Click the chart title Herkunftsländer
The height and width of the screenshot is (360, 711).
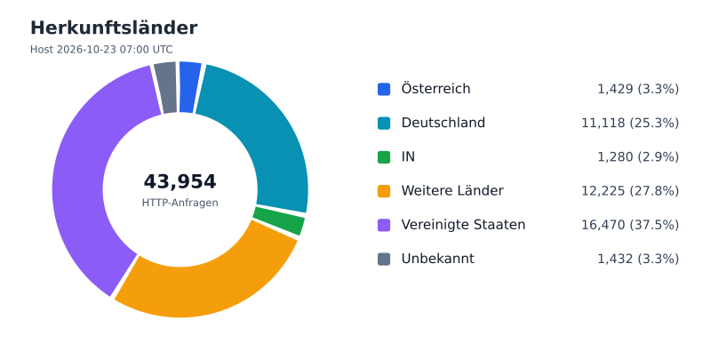(114, 28)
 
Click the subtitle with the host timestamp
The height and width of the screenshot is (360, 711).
(101, 50)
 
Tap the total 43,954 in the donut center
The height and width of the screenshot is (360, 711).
(180, 181)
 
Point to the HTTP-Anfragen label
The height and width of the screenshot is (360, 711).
(180, 203)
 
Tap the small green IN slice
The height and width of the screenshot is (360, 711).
(279, 220)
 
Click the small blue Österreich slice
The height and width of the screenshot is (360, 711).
(189, 87)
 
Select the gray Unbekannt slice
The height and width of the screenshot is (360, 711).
(166, 87)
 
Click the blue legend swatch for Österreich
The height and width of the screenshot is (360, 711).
(384, 89)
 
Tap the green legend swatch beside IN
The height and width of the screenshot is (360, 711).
(384, 156)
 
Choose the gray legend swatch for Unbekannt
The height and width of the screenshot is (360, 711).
(384, 259)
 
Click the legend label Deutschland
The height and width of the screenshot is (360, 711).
(443, 123)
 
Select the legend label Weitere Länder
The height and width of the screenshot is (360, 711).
(452, 191)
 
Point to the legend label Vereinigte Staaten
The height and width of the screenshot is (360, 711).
(463, 225)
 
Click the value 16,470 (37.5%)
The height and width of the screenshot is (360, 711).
(630, 225)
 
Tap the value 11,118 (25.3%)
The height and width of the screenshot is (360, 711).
(630, 123)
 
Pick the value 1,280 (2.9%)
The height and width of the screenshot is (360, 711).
(638, 156)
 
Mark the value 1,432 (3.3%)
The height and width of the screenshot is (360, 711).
(638, 259)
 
